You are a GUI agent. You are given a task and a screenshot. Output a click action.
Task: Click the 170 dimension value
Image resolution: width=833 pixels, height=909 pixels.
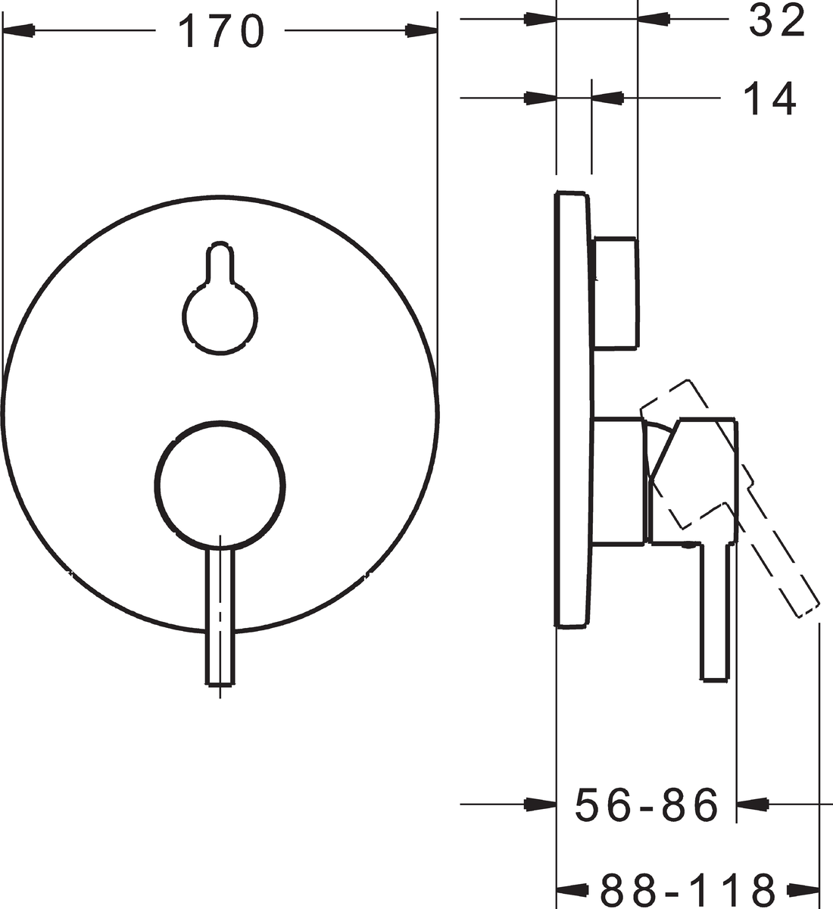click(x=220, y=31)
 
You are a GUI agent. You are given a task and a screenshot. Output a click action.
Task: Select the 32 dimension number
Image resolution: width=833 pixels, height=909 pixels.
click(x=777, y=21)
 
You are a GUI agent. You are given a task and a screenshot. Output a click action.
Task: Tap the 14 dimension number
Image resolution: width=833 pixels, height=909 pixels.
click(x=769, y=98)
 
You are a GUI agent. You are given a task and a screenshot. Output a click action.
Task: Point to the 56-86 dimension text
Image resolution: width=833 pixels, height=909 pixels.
click(x=647, y=804)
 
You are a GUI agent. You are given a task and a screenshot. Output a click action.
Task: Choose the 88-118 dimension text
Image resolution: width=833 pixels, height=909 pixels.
click(x=688, y=889)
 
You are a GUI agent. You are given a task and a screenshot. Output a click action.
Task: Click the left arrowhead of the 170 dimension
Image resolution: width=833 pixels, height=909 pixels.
click(x=18, y=31)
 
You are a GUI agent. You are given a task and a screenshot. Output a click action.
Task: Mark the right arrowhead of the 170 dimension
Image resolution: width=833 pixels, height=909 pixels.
click(x=422, y=31)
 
